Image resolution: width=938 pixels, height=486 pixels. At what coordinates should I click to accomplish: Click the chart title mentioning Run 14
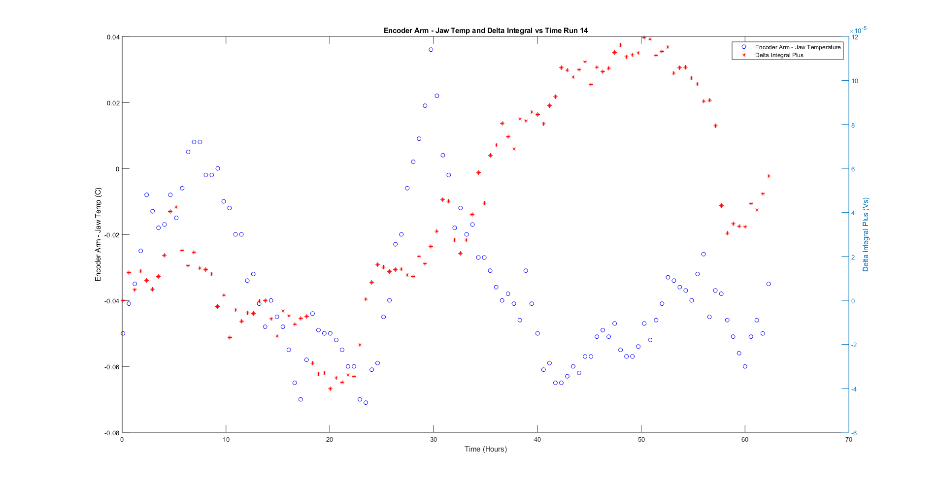point(485,31)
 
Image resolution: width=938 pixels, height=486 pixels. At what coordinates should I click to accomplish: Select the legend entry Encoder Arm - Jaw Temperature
point(797,47)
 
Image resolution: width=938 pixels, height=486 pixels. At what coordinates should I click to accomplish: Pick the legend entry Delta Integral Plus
point(779,55)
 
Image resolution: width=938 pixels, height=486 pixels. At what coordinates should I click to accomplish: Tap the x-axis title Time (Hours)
point(485,449)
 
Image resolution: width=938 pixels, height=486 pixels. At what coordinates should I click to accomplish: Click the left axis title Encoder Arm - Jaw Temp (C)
point(98,234)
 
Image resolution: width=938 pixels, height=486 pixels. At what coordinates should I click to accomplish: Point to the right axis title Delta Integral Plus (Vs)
point(866,234)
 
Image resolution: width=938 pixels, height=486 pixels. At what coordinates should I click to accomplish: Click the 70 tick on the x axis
point(848,440)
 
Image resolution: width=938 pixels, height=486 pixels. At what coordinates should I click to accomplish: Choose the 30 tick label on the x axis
point(434,440)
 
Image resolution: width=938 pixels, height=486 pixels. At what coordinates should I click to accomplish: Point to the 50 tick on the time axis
point(641,440)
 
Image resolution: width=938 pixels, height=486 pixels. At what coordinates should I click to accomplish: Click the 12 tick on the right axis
point(855,37)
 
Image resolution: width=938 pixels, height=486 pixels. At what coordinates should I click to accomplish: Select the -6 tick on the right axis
point(854,433)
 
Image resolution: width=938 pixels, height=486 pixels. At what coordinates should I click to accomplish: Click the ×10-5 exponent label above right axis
point(858,30)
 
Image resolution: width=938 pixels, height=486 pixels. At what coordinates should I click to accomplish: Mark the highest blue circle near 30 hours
point(431,50)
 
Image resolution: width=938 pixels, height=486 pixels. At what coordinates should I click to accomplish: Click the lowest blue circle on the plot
point(366,403)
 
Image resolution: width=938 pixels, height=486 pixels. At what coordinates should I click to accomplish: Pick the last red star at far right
point(769,176)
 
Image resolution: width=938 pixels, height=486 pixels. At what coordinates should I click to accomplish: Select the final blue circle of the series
point(769,284)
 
